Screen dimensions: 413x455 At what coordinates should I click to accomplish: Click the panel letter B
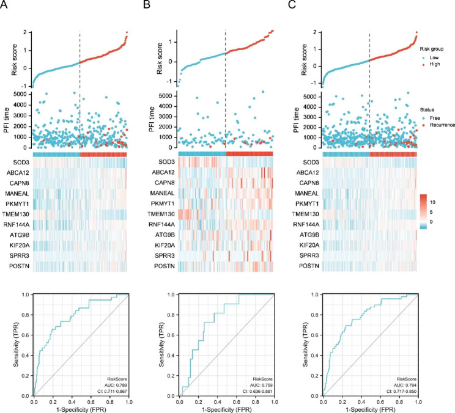pyautogui.click(x=147, y=5)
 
